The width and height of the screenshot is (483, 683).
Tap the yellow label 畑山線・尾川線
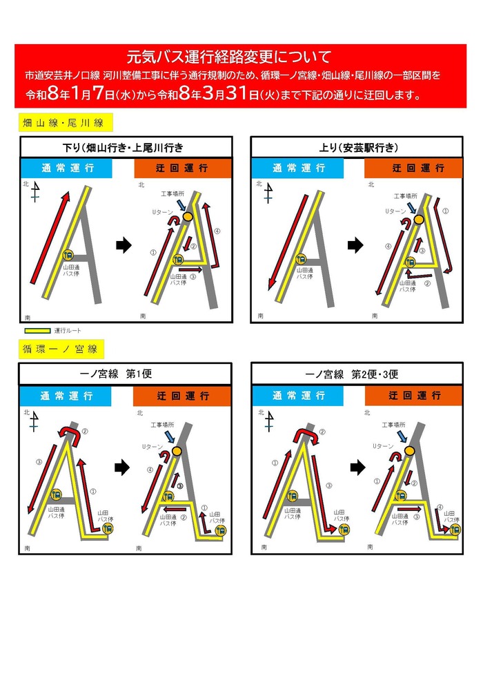point(63,123)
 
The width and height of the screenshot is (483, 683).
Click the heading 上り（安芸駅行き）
point(356,147)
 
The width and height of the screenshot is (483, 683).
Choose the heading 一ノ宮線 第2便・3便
point(356,374)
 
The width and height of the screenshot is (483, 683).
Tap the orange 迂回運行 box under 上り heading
point(413,169)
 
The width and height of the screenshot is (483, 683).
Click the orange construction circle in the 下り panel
point(188,217)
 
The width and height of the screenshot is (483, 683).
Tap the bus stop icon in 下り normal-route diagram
point(68,256)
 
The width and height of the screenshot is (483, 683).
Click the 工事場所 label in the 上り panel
point(406,196)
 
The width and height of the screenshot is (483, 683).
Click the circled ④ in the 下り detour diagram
point(217,231)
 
